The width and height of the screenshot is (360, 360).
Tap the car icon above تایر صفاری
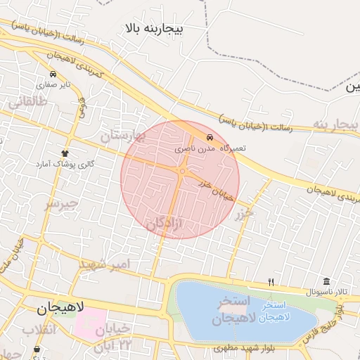(53, 74)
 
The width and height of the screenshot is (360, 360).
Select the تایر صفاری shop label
(53, 85)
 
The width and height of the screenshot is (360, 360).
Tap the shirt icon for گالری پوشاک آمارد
(65, 153)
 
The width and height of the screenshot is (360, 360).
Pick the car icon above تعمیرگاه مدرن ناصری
(210, 137)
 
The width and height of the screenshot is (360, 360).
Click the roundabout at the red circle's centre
(182, 171)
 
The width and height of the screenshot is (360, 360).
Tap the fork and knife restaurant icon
(271, 283)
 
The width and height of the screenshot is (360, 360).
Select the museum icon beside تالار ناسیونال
(326, 281)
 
